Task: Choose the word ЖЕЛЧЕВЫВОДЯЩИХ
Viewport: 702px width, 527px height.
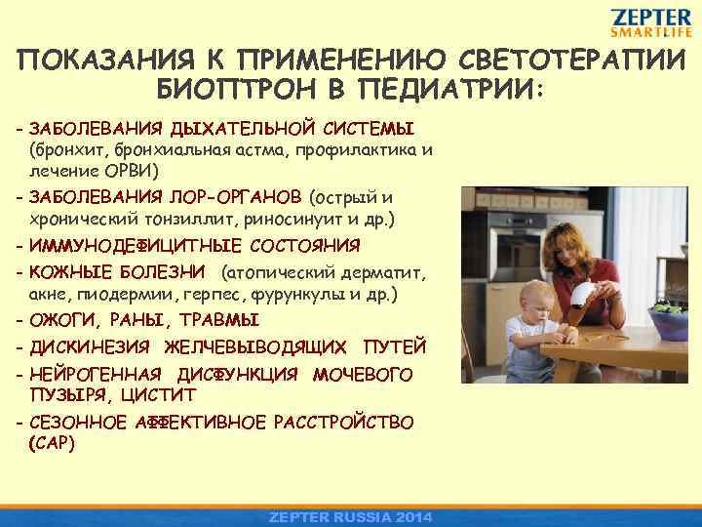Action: point(254,346)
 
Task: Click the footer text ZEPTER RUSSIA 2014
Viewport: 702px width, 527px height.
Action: point(351,516)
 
